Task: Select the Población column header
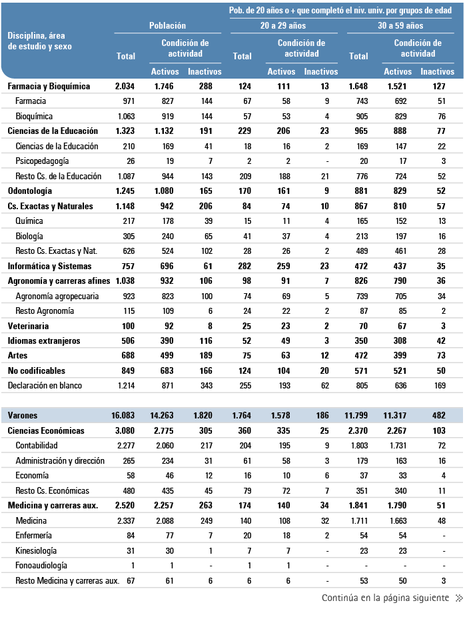167,26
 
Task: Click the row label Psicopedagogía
43,161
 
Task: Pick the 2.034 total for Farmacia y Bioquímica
125,87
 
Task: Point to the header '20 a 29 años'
283,26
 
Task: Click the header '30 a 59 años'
400,26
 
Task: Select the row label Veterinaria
29,326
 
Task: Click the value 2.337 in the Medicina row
125,520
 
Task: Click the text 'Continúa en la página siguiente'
385,598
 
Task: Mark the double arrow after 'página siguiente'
458,598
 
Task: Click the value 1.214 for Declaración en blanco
125,385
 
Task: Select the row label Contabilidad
36,445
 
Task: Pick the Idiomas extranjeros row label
43,340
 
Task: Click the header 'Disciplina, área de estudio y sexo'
40,41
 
